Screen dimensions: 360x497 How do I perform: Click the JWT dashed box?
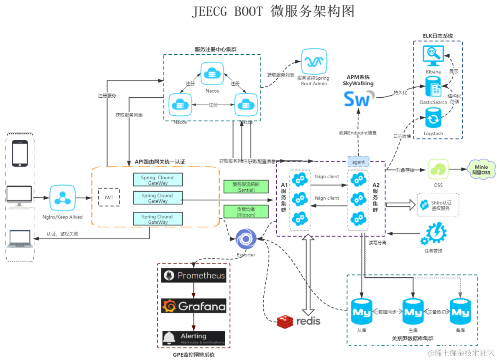(109, 197)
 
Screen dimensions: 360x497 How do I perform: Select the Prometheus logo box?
(193, 276)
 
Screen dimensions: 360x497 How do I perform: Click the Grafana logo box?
(193, 306)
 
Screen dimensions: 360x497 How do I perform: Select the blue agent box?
(358, 162)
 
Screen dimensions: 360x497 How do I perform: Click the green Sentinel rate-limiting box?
(245, 187)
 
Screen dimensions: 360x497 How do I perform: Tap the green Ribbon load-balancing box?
(245, 212)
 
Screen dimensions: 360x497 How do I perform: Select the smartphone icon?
(20, 153)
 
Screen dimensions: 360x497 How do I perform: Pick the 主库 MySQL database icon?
(413, 312)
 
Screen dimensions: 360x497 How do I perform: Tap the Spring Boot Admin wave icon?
(314, 62)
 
